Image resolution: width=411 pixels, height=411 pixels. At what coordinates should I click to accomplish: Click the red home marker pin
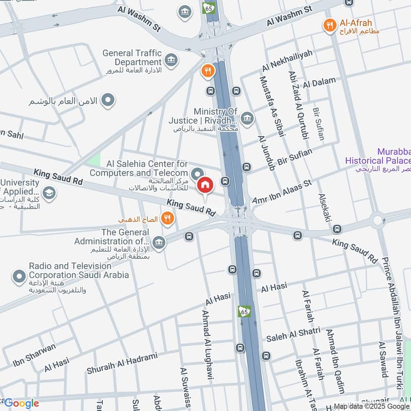(x=205, y=185)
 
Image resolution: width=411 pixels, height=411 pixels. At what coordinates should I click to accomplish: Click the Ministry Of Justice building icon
(x=247, y=119)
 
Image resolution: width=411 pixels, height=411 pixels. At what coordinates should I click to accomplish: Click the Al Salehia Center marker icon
(x=196, y=173)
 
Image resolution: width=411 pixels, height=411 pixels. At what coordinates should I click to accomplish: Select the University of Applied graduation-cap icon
(x=49, y=193)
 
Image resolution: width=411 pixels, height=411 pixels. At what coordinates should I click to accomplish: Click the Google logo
(x=21, y=403)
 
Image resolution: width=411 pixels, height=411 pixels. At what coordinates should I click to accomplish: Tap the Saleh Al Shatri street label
(x=293, y=334)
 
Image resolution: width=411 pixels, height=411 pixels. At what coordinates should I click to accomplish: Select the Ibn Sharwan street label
(x=34, y=354)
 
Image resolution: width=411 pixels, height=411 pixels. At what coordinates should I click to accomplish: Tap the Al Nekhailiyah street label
(x=288, y=60)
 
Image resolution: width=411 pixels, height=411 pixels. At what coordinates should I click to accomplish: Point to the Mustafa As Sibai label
(x=272, y=106)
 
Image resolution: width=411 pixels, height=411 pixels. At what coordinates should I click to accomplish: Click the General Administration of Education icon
(x=159, y=241)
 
